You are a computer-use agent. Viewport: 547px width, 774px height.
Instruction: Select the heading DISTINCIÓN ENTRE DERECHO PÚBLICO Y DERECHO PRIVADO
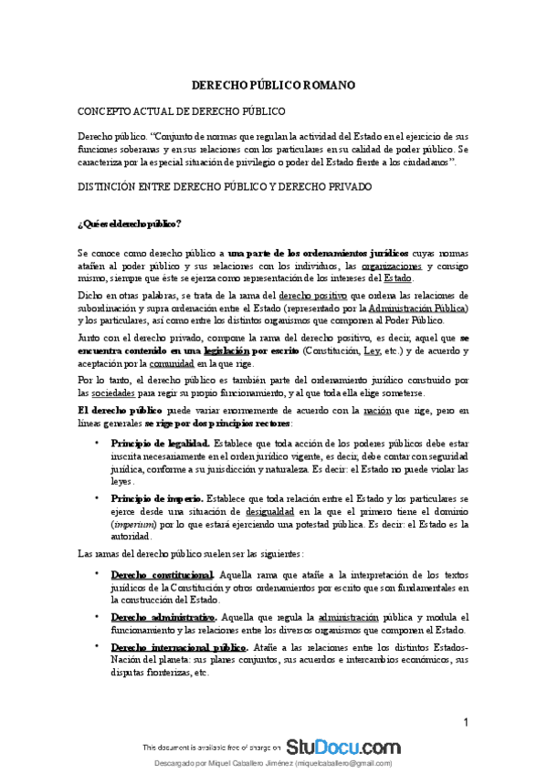click(x=224, y=187)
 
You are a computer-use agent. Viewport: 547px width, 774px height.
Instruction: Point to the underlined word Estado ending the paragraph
click(x=397, y=278)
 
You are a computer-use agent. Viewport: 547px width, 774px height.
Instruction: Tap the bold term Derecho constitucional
click(x=162, y=576)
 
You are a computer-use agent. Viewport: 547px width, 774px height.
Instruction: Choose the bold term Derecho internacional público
click(x=178, y=647)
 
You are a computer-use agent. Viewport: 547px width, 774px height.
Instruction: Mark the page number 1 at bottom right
click(x=466, y=724)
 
